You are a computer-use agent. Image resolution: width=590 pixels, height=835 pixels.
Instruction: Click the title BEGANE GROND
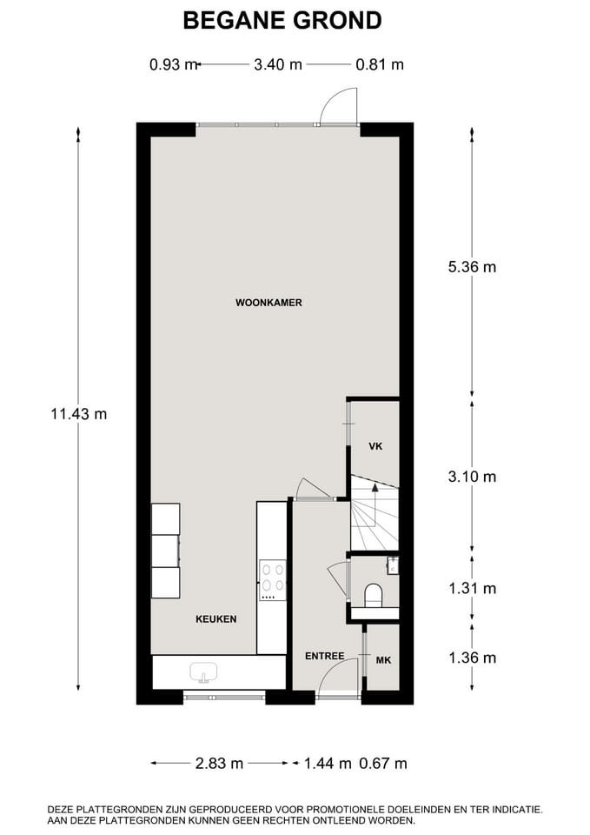[x=282, y=20]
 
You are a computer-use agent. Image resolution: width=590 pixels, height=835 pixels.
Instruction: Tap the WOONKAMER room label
[x=268, y=303]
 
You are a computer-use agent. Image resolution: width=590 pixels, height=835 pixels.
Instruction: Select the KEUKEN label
[x=216, y=618]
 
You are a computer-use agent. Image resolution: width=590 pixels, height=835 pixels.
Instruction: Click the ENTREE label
[x=324, y=656]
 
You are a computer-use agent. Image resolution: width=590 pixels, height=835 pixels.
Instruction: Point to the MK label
[x=383, y=660]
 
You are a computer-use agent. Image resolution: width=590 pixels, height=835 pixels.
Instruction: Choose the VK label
[x=375, y=446]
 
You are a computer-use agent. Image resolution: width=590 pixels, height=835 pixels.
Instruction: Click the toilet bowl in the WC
[x=373, y=595]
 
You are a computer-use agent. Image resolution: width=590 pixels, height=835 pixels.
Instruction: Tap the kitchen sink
[x=203, y=672]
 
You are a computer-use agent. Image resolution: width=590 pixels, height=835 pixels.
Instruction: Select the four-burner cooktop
[x=272, y=578]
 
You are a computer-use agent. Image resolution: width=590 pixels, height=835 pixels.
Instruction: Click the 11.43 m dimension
[x=79, y=414]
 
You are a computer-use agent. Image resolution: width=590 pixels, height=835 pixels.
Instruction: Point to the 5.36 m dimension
[x=472, y=266]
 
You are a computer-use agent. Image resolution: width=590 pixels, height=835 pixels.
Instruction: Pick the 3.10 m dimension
[x=472, y=477]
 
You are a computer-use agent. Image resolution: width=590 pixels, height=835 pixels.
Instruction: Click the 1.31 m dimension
[x=472, y=589]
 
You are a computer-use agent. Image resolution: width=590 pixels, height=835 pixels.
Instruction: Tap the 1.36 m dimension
[x=472, y=658]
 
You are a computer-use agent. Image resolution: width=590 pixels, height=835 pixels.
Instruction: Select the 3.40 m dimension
[x=278, y=65]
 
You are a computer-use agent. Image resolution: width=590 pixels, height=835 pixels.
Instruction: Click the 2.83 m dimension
[x=219, y=764]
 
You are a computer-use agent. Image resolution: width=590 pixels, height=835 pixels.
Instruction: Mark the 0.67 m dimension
[x=383, y=764]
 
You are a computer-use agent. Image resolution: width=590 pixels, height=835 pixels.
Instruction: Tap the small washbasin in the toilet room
[x=393, y=565]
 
